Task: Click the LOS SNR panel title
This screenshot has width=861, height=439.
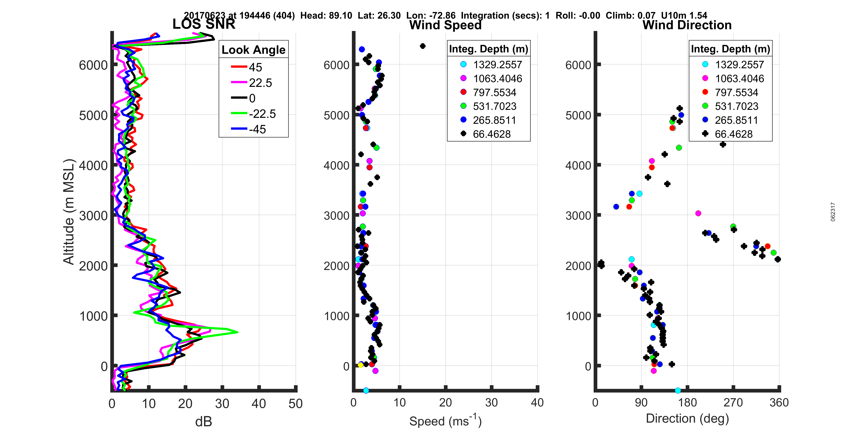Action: click(x=204, y=24)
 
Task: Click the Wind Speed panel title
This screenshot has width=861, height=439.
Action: click(x=445, y=25)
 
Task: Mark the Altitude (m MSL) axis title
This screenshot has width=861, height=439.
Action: click(x=69, y=212)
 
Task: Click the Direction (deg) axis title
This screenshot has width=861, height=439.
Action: click(x=687, y=419)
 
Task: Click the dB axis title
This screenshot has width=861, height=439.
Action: click(x=204, y=422)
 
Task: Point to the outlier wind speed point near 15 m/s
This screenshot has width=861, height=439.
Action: click(x=423, y=46)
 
